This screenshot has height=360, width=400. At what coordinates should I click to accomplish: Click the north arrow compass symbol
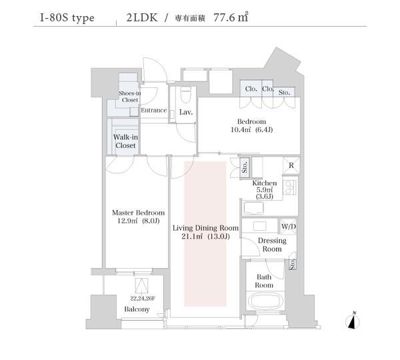[x=353, y=321]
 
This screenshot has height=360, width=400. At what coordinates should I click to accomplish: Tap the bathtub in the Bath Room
[x=265, y=301]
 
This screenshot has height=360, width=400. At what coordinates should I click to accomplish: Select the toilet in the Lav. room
[x=185, y=95]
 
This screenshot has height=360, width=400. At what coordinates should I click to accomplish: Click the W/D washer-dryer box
[x=289, y=226]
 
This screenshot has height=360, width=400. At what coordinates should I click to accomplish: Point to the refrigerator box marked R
[x=291, y=165]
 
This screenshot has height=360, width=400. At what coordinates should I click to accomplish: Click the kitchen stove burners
[x=289, y=187]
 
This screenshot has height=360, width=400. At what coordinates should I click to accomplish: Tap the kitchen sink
[x=254, y=208]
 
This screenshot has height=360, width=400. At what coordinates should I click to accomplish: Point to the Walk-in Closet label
[x=125, y=141]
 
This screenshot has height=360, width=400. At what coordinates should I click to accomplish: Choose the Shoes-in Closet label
[x=130, y=97]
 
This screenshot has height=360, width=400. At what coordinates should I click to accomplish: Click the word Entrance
[x=154, y=110]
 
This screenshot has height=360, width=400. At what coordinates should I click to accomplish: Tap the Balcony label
[x=137, y=309]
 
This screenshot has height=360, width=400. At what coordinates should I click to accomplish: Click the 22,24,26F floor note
[x=143, y=298]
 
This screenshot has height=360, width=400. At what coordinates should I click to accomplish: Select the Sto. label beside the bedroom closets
[x=284, y=93]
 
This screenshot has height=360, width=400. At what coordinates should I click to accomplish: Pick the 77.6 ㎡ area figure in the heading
[x=231, y=17]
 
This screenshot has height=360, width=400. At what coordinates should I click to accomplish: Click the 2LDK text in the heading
[x=142, y=17]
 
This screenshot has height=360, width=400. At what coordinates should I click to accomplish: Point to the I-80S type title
[x=67, y=18]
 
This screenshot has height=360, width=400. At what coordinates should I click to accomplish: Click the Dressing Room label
[x=272, y=245]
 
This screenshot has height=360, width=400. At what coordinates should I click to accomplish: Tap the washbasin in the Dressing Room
[x=260, y=226]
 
